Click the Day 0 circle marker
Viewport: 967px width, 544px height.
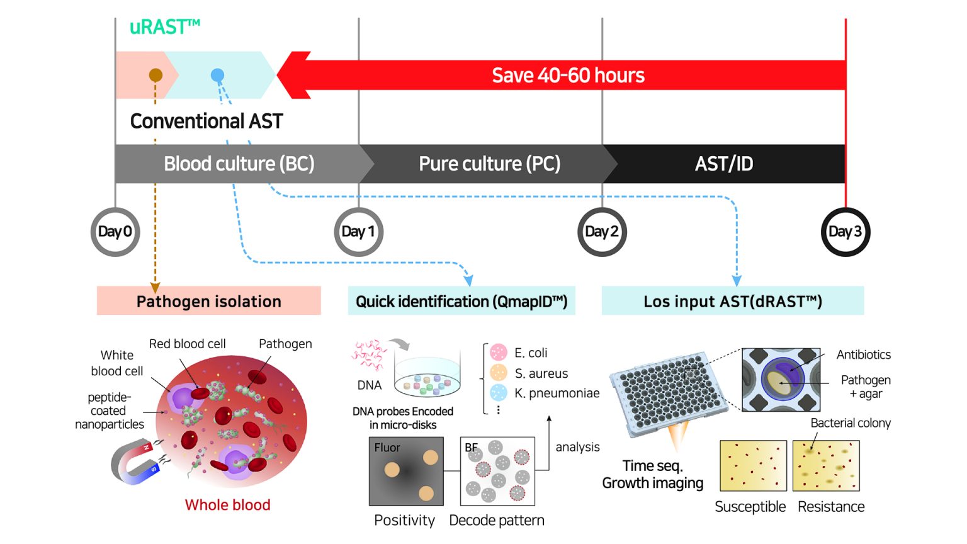pyautogui.click(x=115, y=232)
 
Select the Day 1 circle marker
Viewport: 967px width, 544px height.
pyautogui.click(x=358, y=232)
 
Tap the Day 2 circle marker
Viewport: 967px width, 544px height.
pyautogui.click(x=602, y=232)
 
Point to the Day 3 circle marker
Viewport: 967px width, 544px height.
pyautogui.click(x=845, y=232)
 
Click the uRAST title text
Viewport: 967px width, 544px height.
pyautogui.click(x=164, y=27)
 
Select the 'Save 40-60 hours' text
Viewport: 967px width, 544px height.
pyautogui.click(x=568, y=76)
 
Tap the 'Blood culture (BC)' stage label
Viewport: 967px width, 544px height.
pyautogui.click(x=239, y=164)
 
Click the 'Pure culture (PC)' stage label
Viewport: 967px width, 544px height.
pyautogui.click(x=489, y=164)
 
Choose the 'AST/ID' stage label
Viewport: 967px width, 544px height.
pyautogui.click(x=724, y=164)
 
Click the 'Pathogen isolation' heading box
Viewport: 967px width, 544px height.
pyautogui.click(x=208, y=301)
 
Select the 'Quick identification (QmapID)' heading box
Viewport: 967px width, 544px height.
pyautogui.click(x=461, y=301)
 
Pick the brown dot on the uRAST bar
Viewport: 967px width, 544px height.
pyautogui.click(x=156, y=76)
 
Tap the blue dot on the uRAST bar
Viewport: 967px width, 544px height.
pyautogui.click(x=217, y=76)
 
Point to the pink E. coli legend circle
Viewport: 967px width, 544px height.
pyautogui.click(x=499, y=352)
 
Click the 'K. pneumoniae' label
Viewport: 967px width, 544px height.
pyautogui.click(x=557, y=394)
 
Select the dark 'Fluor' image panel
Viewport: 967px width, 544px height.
pyautogui.click(x=406, y=472)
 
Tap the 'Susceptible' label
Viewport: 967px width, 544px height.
pyautogui.click(x=750, y=507)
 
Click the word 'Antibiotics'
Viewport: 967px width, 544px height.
pyautogui.click(x=863, y=354)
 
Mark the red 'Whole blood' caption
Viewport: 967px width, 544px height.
pyautogui.click(x=227, y=505)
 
